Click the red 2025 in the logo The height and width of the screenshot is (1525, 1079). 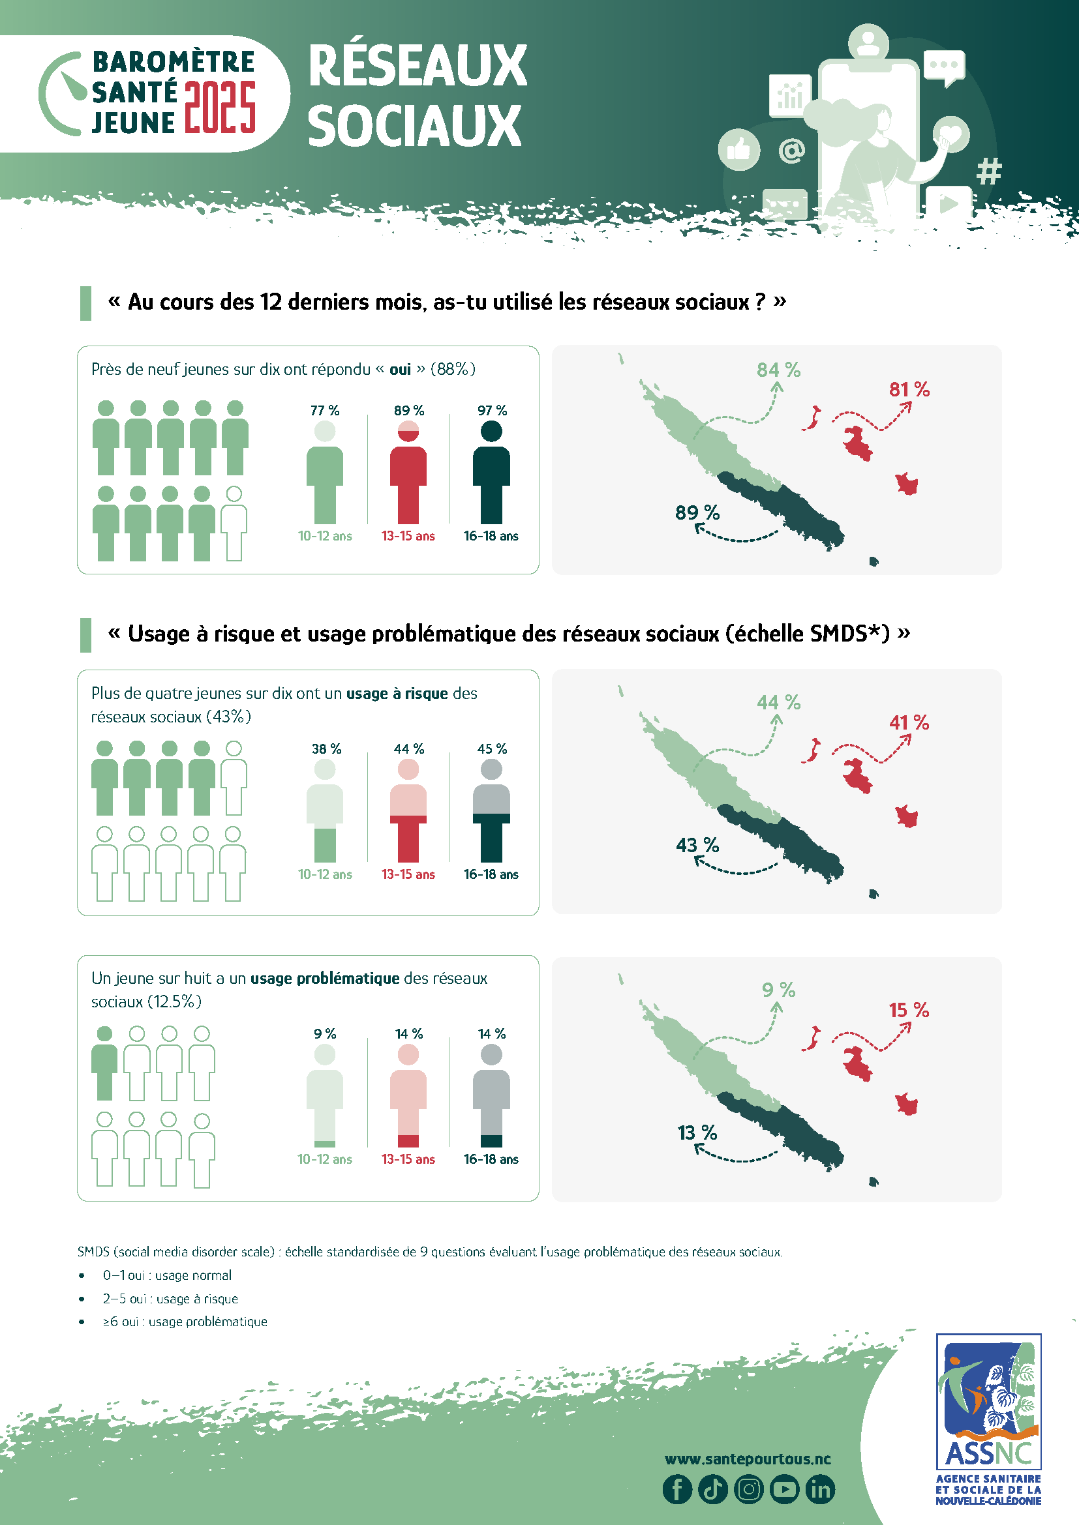(220, 108)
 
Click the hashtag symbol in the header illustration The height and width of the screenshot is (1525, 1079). (988, 171)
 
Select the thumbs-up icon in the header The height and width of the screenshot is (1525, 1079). (739, 149)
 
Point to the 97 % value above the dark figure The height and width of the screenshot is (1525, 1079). (492, 411)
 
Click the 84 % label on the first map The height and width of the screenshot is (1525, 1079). (778, 370)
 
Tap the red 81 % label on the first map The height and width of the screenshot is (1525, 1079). (909, 390)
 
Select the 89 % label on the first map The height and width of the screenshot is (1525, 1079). (697, 512)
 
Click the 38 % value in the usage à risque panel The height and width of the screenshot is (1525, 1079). (326, 749)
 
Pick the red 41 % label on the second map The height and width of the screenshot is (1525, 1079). (909, 722)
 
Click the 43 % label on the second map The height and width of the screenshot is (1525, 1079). (697, 846)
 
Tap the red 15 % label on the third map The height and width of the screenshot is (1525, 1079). (909, 1010)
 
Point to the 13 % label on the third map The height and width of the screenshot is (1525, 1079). (697, 1133)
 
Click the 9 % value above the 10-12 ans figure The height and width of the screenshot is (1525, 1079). (325, 1034)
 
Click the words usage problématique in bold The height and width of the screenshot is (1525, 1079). (325, 979)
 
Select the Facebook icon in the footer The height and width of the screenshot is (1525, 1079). (677, 1489)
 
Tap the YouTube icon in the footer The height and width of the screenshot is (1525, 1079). (784, 1489)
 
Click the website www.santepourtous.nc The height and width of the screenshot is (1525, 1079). (748, 1459)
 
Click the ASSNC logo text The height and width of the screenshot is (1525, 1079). (988, 1454)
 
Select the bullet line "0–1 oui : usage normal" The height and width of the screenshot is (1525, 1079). (167, 1275)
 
